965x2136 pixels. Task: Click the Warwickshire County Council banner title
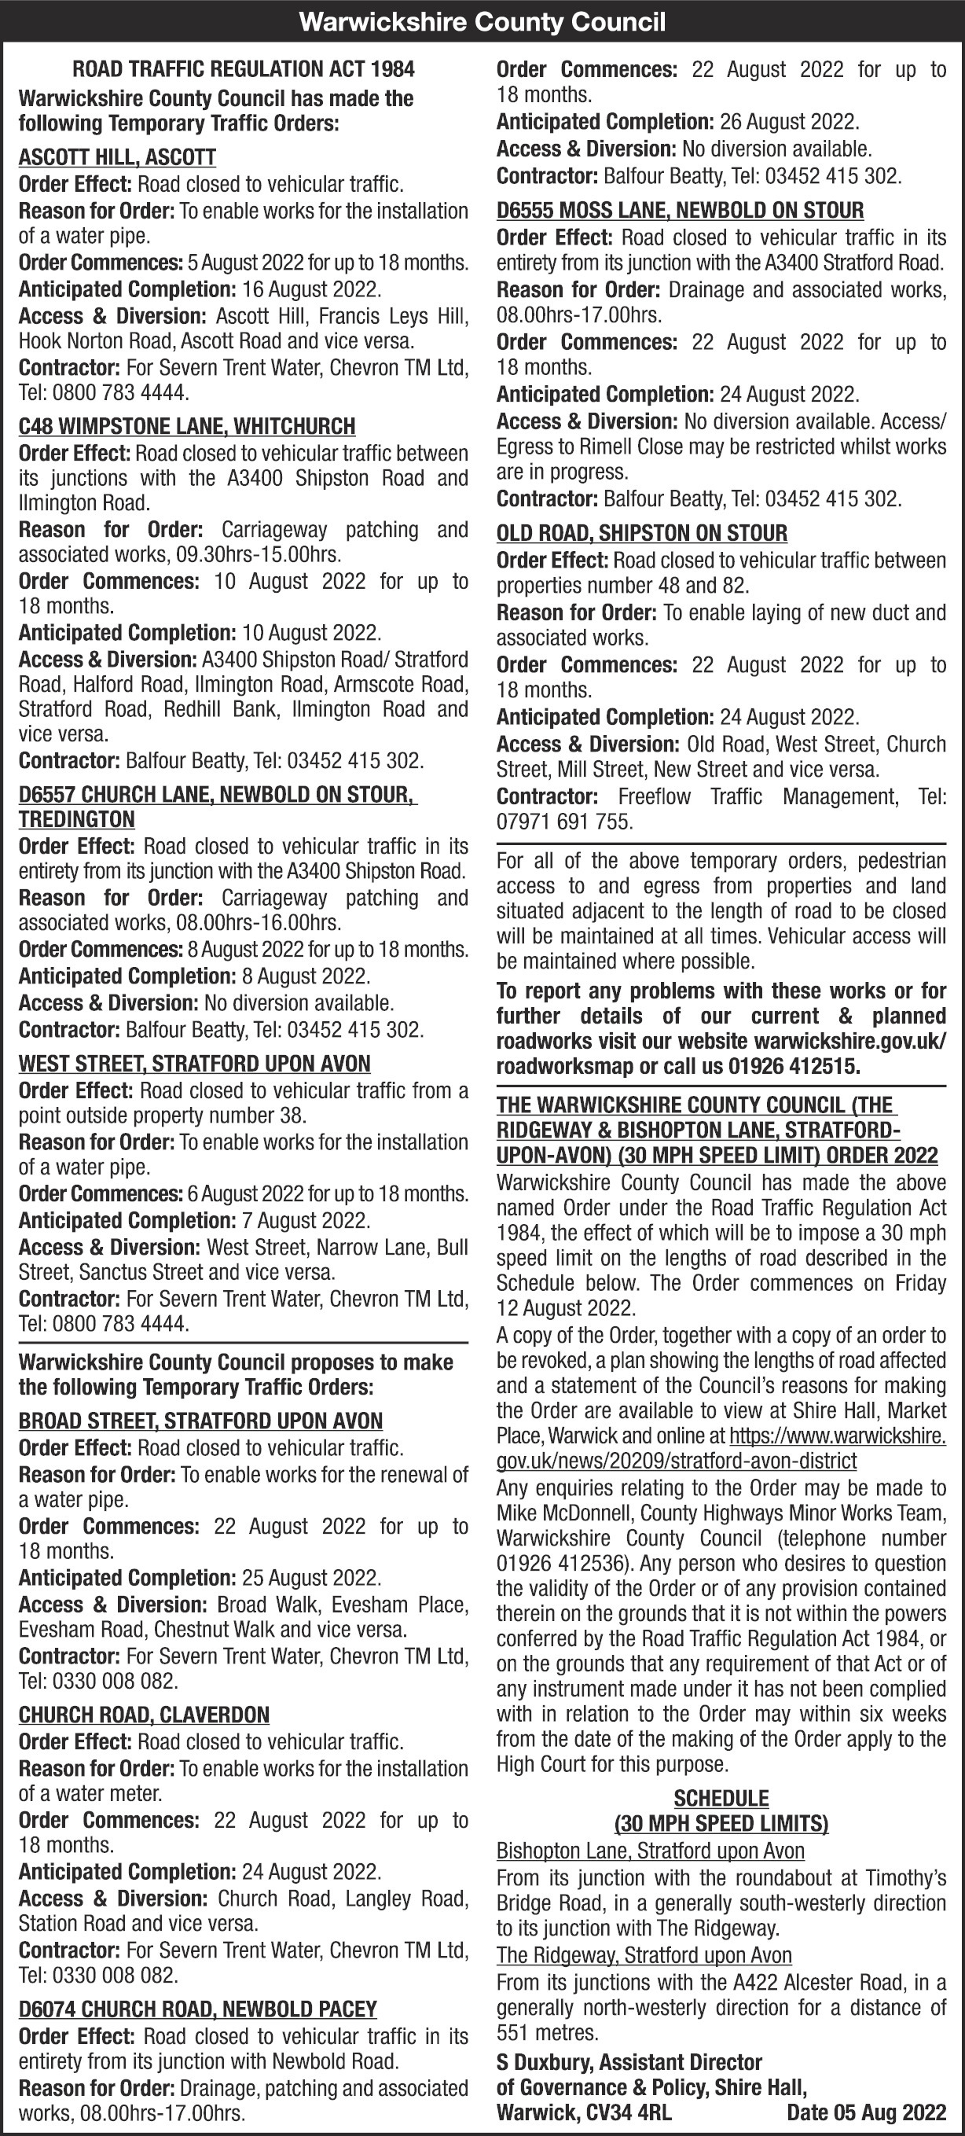click(482, 21)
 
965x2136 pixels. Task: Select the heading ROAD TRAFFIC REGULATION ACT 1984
click(244, 70)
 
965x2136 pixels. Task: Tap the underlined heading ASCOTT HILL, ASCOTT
click(117, 157)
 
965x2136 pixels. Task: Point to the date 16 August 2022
click(311, 289)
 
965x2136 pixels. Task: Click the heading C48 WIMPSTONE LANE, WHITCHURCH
click(186, 426)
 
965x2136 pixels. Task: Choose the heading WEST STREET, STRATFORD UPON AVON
click(194, 1064)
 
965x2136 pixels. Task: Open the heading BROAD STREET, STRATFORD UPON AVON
click(200, 1421)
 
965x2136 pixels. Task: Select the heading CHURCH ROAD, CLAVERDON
click(145, 1715)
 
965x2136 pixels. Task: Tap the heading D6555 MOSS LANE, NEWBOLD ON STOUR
click(680, 211)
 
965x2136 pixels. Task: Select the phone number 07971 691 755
click(564, 822)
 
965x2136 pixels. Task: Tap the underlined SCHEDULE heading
click(721, 1799)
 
